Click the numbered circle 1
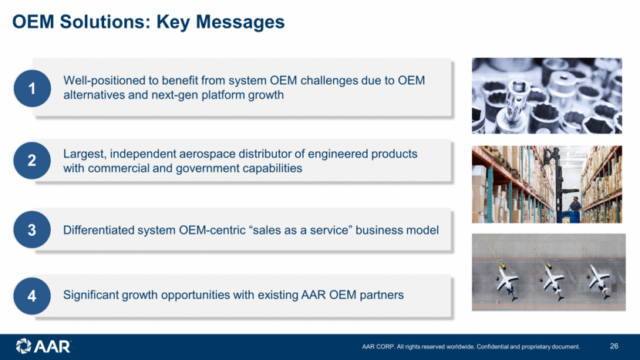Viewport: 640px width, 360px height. (x=32, y=88)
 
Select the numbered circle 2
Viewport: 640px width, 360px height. (x=32, y=160)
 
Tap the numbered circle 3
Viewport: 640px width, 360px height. (x=32, y=230)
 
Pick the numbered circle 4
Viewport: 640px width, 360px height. (x=32, y=296)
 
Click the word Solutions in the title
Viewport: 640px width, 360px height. (x=106, y=22)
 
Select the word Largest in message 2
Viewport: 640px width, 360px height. (x=85, y=154)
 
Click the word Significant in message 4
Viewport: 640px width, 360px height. (x=91, y=294)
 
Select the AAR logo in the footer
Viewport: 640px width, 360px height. (x=43, y=346)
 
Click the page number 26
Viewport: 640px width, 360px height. (x=614, y=346)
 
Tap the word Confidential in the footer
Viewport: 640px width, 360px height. (x=492, y=347)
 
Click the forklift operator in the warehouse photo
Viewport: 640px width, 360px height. (x=574, y=204)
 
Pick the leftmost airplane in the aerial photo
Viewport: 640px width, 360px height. (x=507, y=281)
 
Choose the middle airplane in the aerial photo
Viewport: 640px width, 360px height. (x=553, y=281)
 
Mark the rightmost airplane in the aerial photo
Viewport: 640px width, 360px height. (x=599, y=281)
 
